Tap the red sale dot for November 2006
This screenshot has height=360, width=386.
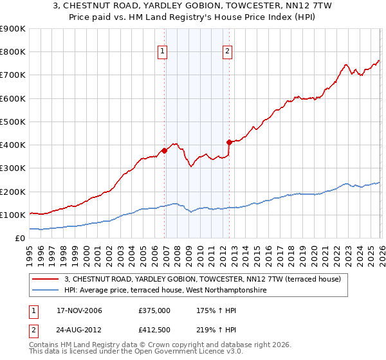[164, 151]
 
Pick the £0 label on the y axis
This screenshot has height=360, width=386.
[20, 238]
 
